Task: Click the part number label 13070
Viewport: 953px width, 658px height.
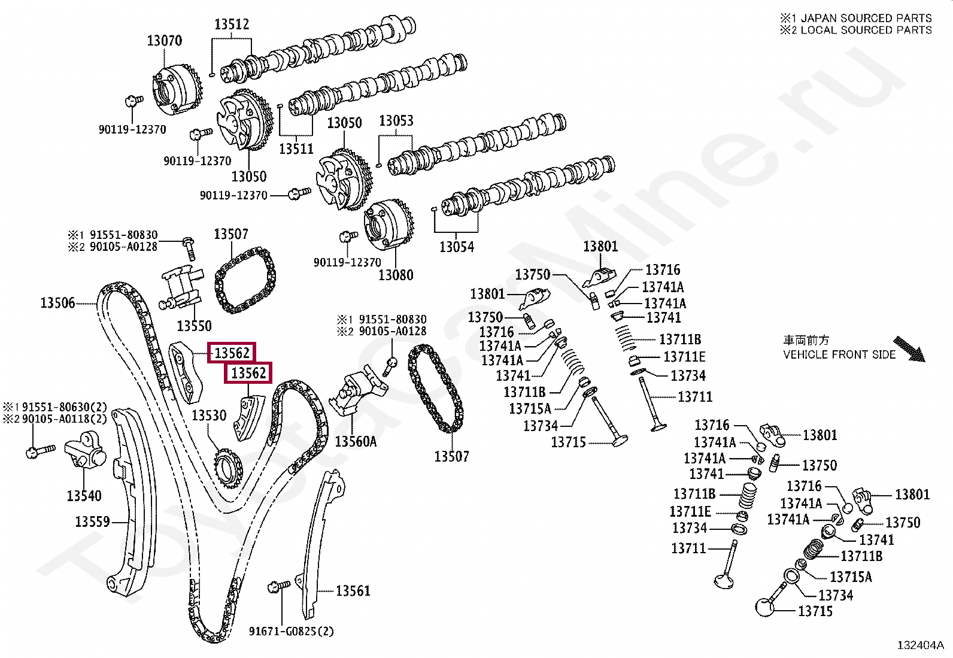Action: pos(164,41)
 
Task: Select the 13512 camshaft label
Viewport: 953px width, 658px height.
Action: pos(232,25)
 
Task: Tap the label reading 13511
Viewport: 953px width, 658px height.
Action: pos(296,148)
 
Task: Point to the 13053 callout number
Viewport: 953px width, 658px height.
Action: pos(396,121)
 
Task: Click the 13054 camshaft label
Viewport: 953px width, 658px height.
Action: pos(456,247)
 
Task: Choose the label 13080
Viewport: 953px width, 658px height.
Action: pos(396,275)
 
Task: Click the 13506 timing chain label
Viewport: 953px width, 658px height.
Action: pos(57,303)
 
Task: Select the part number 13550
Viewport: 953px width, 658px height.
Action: pos(194,326)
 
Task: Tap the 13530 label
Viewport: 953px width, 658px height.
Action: pos(209,416)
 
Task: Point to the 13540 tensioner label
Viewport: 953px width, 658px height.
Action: pos(84,496)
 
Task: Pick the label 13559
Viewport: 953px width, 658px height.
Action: pos(92,522)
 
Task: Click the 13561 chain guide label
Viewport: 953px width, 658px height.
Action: pos(353,591)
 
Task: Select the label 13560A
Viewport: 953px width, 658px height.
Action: pos(356,442)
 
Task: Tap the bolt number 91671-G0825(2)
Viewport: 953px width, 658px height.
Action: pos(292,631)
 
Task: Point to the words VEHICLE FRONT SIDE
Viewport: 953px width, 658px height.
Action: pos(839,354)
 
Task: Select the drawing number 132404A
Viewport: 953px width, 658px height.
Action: pos(920,645)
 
